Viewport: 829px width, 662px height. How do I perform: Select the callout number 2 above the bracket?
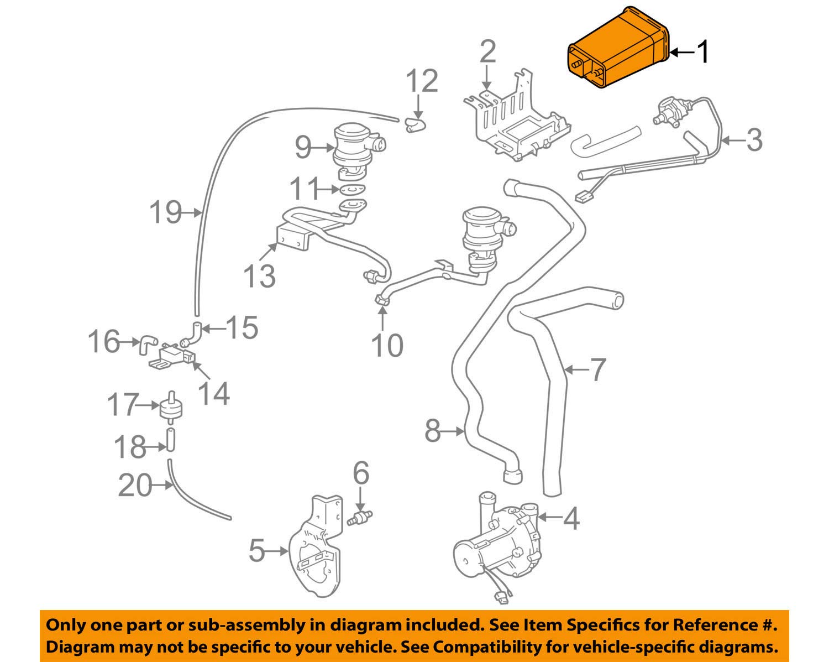(487, 52)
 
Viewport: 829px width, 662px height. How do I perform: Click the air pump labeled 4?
(495, 553)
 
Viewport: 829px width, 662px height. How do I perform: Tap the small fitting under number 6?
(359, 519)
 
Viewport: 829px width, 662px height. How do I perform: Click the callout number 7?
(598, 369)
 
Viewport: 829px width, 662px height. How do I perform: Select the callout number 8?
(433, 430)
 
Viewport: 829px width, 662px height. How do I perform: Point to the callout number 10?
(387, 346)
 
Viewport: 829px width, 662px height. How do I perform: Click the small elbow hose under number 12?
(414, 126)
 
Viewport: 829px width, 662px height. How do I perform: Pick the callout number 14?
(214, 394)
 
